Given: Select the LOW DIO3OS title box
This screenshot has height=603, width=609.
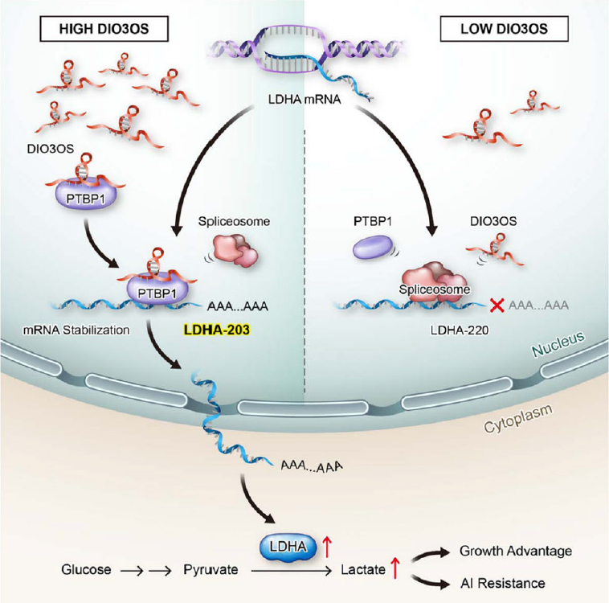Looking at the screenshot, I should point(505,31).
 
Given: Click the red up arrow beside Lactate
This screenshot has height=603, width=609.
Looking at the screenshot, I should point(395,568).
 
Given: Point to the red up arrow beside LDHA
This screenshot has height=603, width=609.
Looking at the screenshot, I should point(327,548).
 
